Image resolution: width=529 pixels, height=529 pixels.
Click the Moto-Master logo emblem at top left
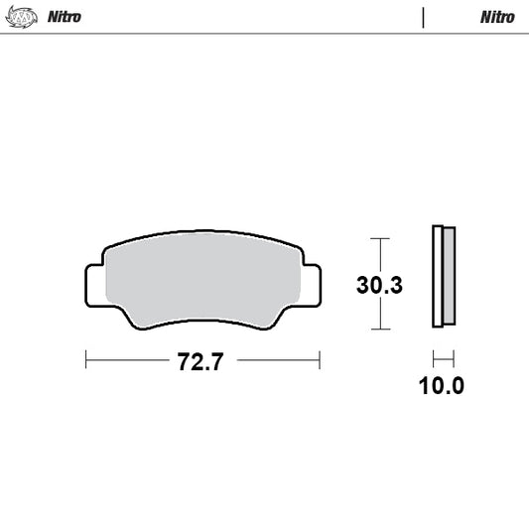click(x=19, y=16)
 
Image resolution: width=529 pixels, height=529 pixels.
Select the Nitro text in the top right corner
click(x=497, y=17)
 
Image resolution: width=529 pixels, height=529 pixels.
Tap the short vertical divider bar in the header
click(x=423, y=17)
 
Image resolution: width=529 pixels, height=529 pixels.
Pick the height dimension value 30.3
click(x=379, y=286)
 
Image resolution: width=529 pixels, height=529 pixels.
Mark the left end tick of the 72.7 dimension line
click(x=86, y=359)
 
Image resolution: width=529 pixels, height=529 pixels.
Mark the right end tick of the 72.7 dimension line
click(x=320, y=359)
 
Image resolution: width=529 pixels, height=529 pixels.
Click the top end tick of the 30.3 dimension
click(x=379, y=238)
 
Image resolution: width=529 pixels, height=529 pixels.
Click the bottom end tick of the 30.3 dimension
click(x=379, y=330)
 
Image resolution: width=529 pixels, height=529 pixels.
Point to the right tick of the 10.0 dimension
click(x=453, y=359)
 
